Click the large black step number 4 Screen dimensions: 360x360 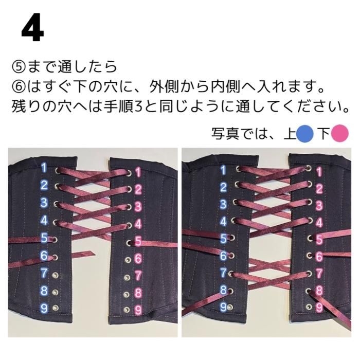(32, 28)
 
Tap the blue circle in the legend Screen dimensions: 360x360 (305, 134)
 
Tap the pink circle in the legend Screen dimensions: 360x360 (340, 134)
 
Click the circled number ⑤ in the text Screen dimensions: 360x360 (20, 67)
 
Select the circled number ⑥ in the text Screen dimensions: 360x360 (20, 87)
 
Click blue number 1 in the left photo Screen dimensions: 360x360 (44, 168)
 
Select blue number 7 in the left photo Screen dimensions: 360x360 (44, 273)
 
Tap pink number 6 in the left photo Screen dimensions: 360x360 (138, 259)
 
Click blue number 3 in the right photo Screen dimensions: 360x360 (223, 204)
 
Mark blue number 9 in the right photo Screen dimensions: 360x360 (223, 307)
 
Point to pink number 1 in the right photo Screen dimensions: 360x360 (319, 172)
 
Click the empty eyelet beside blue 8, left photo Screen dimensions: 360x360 (55, 292)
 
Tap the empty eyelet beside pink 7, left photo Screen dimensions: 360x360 (127, 278)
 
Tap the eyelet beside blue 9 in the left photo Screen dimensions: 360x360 (55, 308)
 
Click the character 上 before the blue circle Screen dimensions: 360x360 (290, 134)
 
